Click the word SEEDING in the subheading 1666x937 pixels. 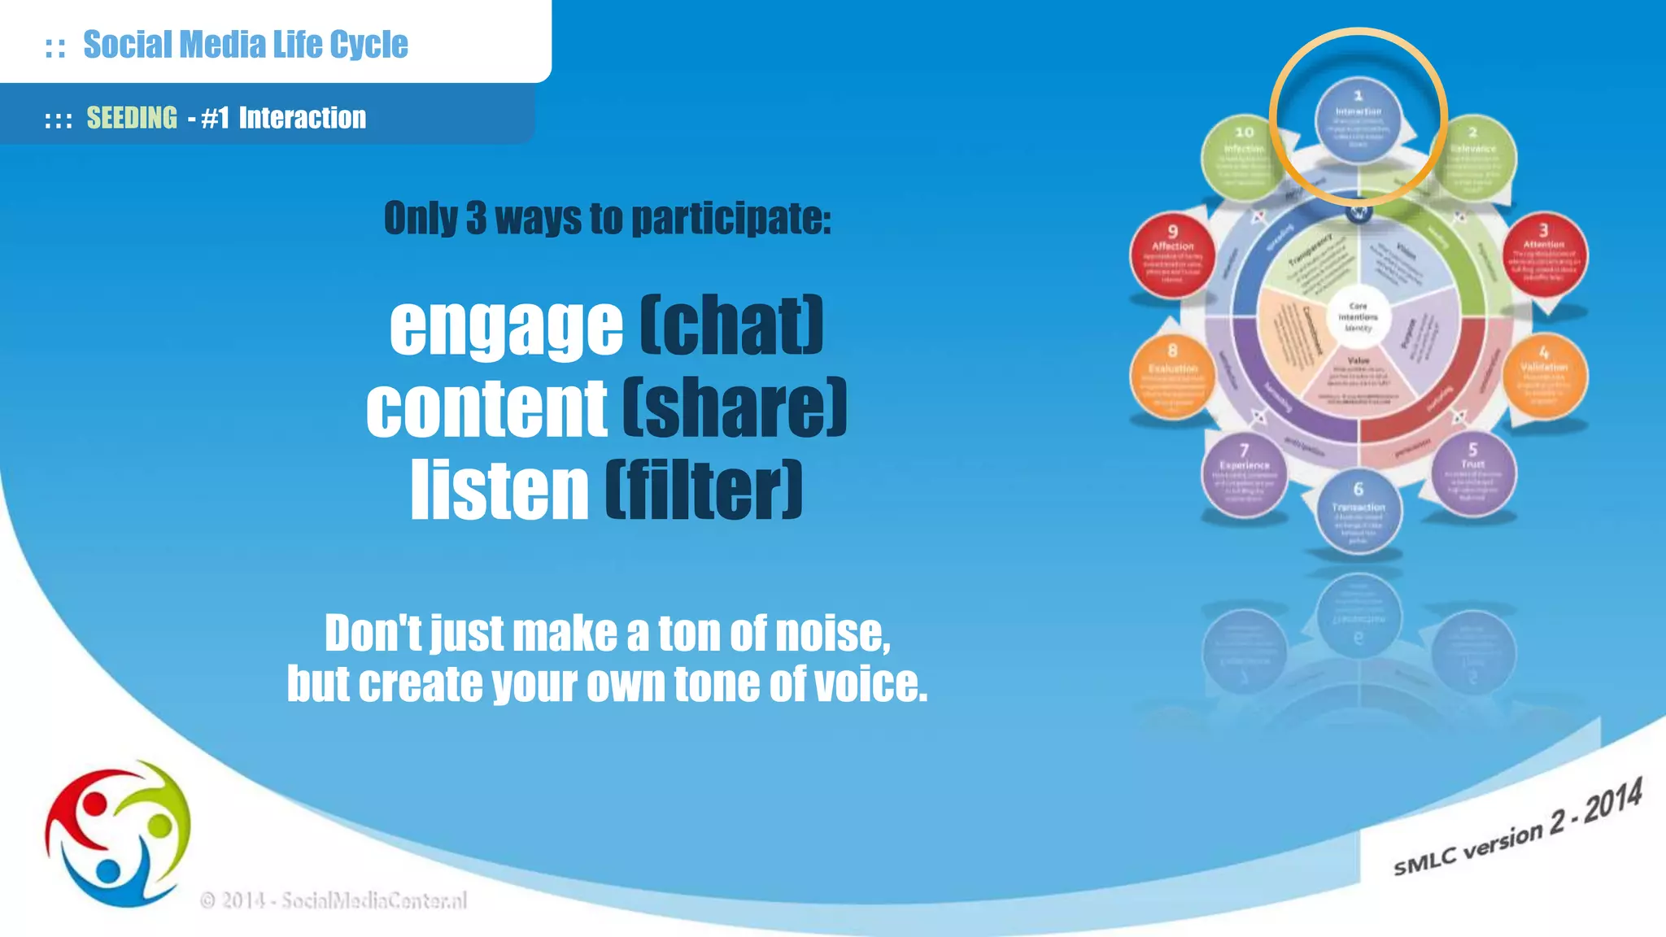pos(132,118)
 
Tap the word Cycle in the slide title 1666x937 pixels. pos(369,45)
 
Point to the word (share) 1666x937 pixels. pos(735,407)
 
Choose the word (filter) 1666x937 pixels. pos(704,490)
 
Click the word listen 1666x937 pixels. pos(499,490)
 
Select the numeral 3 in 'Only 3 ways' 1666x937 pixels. pos(476,218)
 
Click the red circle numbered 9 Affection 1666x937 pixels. pos(1172,255)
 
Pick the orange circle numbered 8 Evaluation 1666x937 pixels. pos(1172,377)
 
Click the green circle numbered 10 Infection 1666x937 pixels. pos(1244,156)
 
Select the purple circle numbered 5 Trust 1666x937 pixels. pos(1472,473)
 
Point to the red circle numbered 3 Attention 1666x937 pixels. pos(1543,255)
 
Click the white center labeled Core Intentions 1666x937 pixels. pos(1358,317)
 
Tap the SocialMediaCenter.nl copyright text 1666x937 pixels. pos(334,900)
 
